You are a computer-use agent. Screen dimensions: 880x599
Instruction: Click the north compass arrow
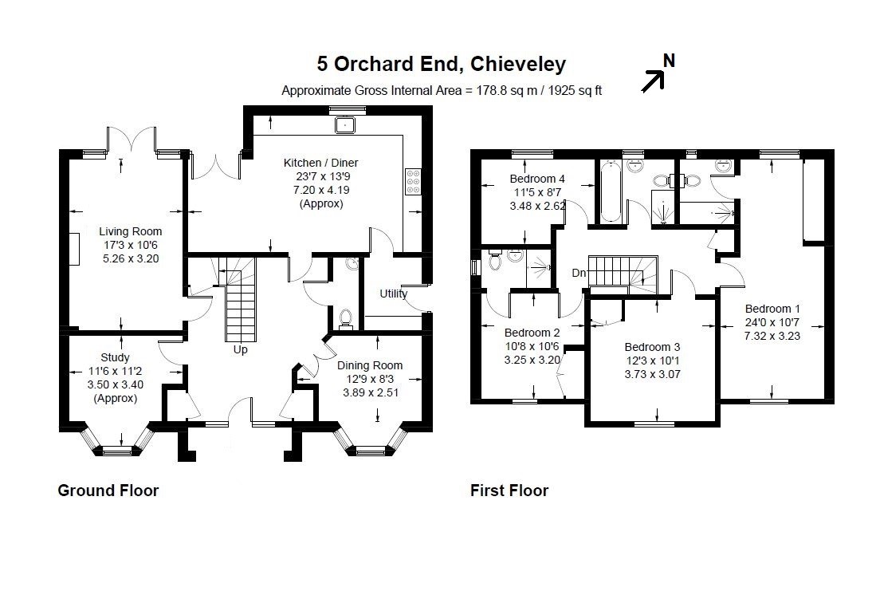(654, 81)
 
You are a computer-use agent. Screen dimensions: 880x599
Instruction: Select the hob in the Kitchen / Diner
(413, 182)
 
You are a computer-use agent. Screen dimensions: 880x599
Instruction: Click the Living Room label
(130, 231)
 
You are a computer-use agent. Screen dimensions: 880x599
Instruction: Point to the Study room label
(115, 357)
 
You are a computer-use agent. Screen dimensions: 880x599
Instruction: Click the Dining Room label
(369, 365)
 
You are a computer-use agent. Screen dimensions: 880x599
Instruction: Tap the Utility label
(394, 294)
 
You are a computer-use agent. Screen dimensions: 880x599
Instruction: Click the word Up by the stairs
(240, 349)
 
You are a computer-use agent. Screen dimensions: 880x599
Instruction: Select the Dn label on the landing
(579, 274)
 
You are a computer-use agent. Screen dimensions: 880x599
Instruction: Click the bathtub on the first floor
(610, 191)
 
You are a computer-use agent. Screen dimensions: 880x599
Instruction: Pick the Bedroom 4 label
(537, 179)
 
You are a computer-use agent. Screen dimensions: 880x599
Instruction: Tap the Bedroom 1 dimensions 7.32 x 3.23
(772, 337)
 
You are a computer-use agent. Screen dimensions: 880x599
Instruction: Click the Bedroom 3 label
(652, 348)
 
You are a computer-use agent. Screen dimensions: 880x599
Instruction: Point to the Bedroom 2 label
(532, 333)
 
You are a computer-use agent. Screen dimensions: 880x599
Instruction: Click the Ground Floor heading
(108, 491)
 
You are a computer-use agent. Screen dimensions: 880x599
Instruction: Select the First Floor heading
(509, 491)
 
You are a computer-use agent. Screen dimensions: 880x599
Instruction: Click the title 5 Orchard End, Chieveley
(441, 64)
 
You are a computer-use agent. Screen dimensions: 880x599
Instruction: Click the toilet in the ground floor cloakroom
(345, 319)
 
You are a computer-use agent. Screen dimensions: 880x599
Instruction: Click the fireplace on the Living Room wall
(75, 248)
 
